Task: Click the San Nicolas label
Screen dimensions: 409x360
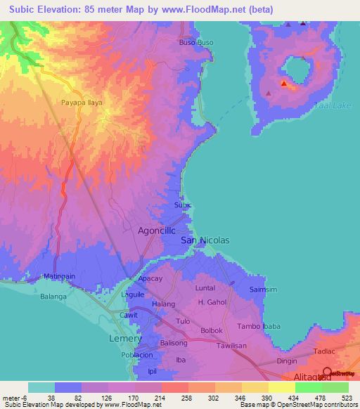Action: pos(205,240)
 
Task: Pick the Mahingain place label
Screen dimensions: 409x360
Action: pos(59,277)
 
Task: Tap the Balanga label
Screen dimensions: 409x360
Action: pos(53,297)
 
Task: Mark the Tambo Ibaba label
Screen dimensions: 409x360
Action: pos(258,326)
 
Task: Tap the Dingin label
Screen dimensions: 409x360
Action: pos(287,361)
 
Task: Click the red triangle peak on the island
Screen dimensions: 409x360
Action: pos(284,84)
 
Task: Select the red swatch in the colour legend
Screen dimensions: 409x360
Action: pos(174,387)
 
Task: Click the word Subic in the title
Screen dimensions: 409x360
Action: pos(25,10)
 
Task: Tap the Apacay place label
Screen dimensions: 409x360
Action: pos(150,279)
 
